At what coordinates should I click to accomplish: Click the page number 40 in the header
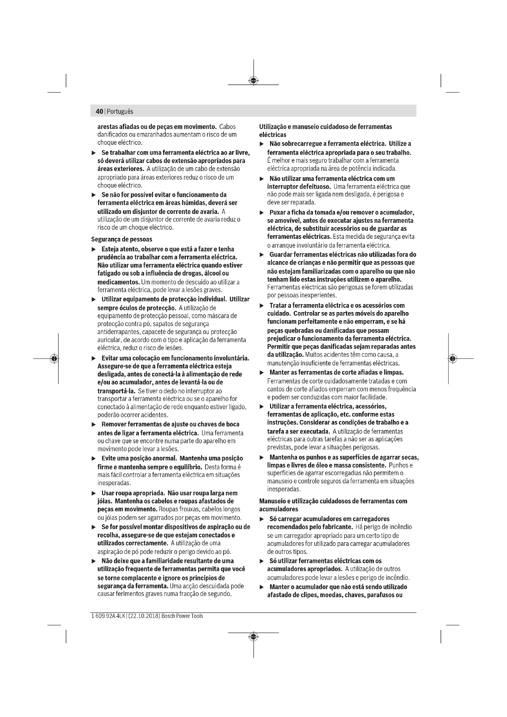point(99,112)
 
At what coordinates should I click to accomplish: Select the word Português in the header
point(120,112)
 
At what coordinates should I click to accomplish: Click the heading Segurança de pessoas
point(121,239)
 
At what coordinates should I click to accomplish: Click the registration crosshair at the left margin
point(54,359)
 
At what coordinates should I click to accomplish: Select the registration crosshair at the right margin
point(452,359)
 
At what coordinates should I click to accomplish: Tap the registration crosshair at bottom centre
point(253,636)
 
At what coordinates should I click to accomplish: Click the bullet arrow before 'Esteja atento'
point(94,250)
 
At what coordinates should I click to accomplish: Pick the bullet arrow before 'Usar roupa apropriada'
point(94,494)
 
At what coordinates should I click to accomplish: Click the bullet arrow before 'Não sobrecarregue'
point(261,144)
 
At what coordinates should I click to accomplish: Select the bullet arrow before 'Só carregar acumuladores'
point(261,519)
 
